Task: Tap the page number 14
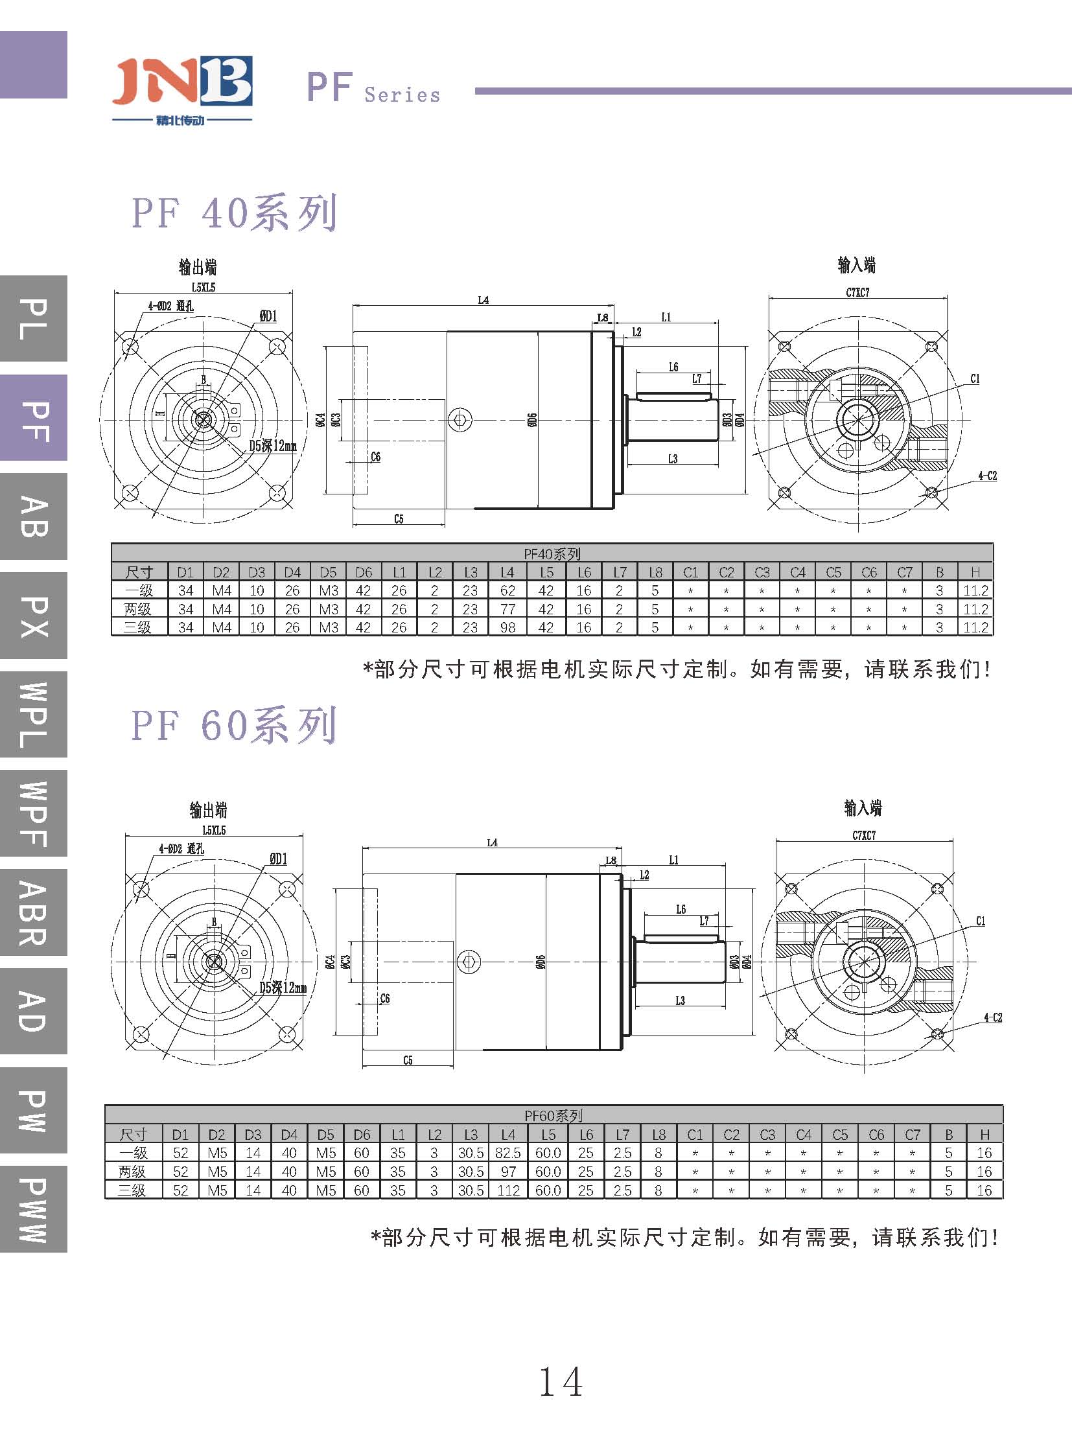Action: click(x=561, y=1382)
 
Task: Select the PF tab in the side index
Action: click(x=34, y=418)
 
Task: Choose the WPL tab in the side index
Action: click(x=34, y=714)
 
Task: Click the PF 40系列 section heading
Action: click(x=234, y=212)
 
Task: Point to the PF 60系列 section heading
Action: click(x=234, y=725)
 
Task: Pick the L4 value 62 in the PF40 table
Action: click(x=507, y=590)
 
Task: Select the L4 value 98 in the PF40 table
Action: click(x=507, y=627)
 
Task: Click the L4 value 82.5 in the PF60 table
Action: click(x=507, y=1153)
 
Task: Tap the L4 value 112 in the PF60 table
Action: click(x=507, y=1190)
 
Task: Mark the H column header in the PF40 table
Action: click(x=975, y=572)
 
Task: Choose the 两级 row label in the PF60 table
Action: click(x=134, y=1171)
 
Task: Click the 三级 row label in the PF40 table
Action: click(x=138, y=627)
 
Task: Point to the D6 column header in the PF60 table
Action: click(x=362, y=1134)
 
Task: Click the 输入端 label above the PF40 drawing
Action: click(x=857, y=265)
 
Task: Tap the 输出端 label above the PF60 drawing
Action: click(x=208, y=810)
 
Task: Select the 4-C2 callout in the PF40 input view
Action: click(x=987, y=476)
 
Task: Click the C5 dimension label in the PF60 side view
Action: click(x=408, y=1060)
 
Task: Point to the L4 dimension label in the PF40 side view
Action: click(x=483, y=300)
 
